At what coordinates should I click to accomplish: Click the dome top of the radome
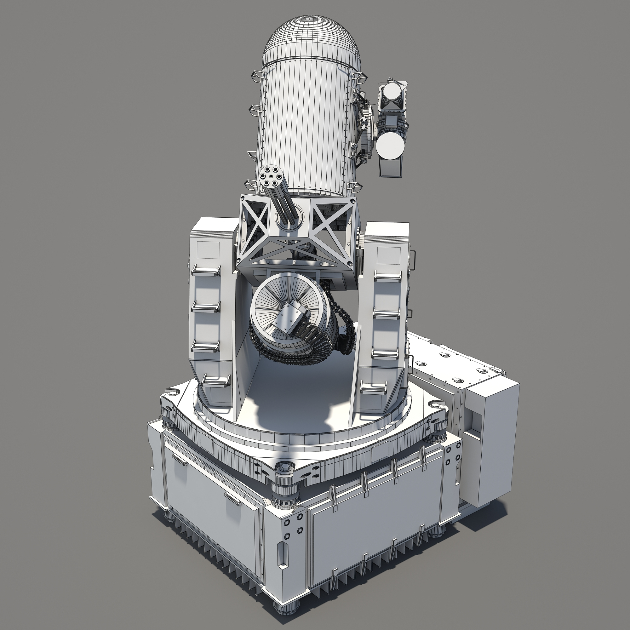(x=312, y=36)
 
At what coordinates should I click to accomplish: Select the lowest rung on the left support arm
(x=215, y=379)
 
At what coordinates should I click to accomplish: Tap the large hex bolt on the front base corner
(x=283, y=469)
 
